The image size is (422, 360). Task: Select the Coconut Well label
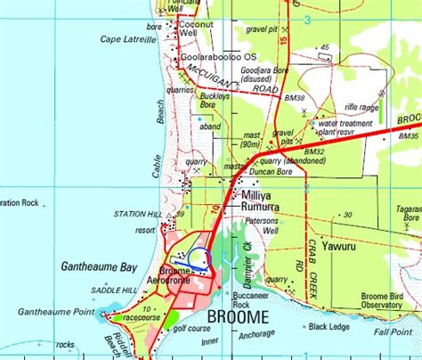coord(195,29)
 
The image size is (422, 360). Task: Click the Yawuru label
coord(340,242)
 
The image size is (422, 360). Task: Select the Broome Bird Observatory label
coord(382,301)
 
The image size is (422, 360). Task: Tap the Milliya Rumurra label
coord(260,200)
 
